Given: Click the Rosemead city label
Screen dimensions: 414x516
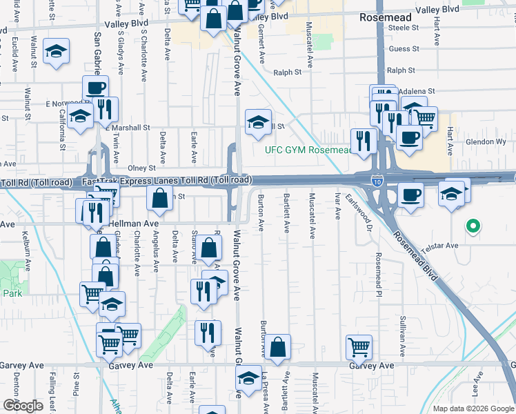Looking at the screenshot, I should click(386, 17).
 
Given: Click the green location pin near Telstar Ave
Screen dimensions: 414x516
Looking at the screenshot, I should click(473, 226).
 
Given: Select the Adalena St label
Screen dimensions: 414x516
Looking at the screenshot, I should click(420, 91).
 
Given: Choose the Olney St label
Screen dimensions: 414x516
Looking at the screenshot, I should click(141, 168).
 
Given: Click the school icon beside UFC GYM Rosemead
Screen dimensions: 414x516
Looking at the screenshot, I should click(259, 122).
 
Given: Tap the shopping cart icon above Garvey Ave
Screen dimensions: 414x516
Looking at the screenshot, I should click(359, 346).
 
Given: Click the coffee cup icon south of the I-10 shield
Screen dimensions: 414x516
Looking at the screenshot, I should click(411, 195).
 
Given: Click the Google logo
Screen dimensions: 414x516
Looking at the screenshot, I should click(22, 406).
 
